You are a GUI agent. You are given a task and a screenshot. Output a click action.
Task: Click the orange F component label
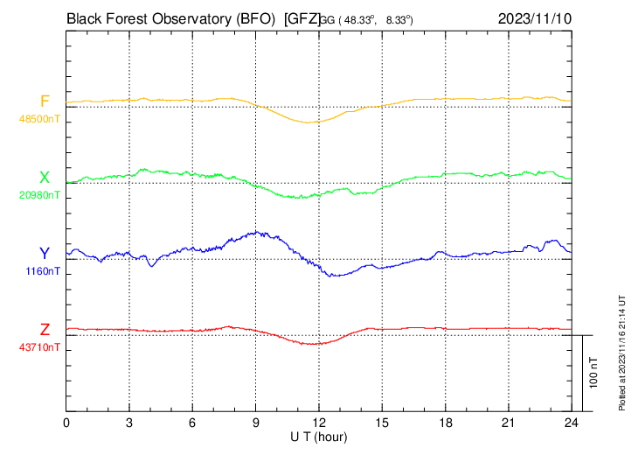click(45, 101)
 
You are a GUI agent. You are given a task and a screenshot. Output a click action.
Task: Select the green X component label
click(45, 178)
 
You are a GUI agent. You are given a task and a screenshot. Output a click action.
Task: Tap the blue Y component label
click(45, 254)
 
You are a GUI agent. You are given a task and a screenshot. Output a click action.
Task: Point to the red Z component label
click(45, 330)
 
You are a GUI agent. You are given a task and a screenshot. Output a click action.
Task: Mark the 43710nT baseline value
click(40, 347)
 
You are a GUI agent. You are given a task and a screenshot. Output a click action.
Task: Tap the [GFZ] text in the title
click(302, 17)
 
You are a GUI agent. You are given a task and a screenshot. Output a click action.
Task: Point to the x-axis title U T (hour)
click(319, 436)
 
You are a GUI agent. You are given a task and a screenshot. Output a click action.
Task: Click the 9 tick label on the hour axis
click(256, 421)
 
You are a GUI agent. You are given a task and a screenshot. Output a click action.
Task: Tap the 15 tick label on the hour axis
click(382, 421)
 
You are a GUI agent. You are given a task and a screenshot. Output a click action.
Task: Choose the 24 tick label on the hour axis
click(572, 421)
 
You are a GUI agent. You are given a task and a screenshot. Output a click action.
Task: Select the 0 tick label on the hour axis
click(67, 421)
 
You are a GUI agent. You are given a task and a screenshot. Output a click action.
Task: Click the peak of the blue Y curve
click(257, 232)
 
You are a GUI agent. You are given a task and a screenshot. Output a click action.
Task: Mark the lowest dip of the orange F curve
click(308, 122)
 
